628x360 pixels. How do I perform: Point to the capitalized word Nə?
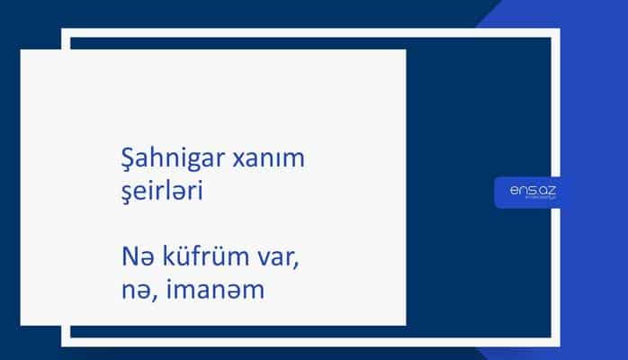[x=134, y=261]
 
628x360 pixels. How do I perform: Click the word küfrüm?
[x=198, y=261]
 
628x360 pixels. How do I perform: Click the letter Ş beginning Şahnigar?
[x=128, y=159]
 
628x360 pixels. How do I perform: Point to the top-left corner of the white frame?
[x=65, y=32]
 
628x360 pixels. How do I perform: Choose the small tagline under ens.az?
[x=534, y=200]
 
